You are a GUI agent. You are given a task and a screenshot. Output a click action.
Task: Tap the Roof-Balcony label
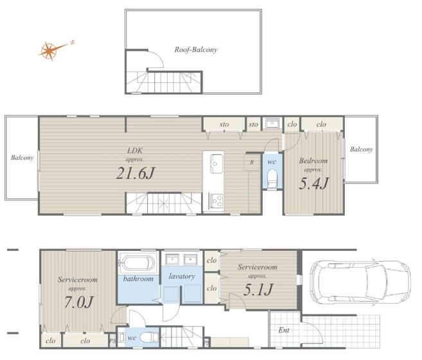(196, 50)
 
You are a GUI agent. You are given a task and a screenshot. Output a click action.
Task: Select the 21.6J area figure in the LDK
(136, 173)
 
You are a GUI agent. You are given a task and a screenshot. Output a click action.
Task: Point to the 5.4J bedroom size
(314, 184)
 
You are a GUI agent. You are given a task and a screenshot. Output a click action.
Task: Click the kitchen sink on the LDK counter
(216, 164)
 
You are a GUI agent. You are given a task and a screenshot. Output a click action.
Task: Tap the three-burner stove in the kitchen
(216, 201)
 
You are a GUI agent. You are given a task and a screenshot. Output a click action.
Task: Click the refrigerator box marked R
(252, 162)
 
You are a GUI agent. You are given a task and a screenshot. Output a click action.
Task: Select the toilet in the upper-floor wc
(272, 177)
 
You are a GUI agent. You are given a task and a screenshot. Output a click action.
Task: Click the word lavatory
(182, 276)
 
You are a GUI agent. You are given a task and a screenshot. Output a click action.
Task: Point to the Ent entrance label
(284, 330)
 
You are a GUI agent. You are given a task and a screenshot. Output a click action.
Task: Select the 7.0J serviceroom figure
(78, 302)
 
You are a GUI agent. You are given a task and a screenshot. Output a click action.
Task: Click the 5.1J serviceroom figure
(258, 289)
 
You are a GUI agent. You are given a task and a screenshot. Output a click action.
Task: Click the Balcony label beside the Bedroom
(361, 150)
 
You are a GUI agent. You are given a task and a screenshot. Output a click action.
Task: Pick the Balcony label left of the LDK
(22, 158)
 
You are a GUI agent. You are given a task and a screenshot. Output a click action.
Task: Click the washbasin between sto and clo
(272, 124)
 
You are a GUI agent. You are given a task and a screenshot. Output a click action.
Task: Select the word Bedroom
(313, 161)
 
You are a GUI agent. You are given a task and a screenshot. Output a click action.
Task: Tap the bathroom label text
(138, 279)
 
